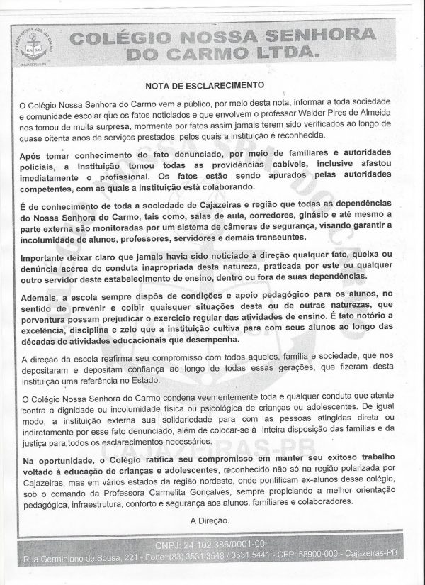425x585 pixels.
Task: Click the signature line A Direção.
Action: [212, 520]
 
